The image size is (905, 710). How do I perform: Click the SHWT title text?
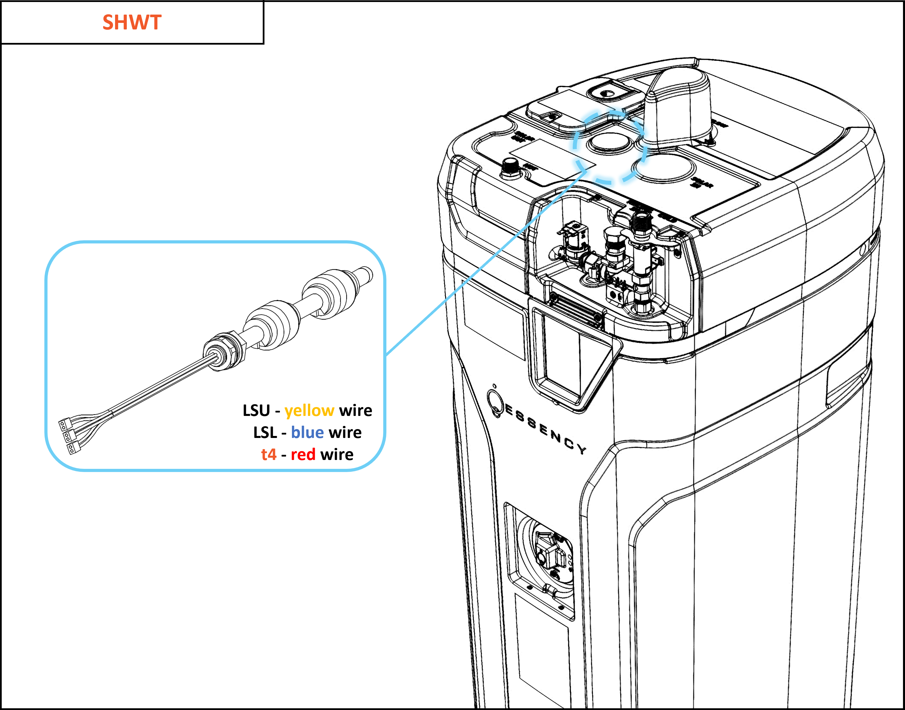tap(132, 22)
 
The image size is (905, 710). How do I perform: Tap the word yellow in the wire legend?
tap(309, 411)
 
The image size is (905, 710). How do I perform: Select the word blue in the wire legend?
tap(307, 433)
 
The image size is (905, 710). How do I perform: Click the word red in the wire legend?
tap(303, 455)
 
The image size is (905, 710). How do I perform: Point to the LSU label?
tap(256, 411)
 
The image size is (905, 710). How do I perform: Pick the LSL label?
tap(265, 433)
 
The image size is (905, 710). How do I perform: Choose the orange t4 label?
tap(269, 455)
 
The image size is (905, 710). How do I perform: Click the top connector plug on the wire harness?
tap(63, 425)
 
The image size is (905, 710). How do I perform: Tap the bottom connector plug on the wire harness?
tap(72, 448)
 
